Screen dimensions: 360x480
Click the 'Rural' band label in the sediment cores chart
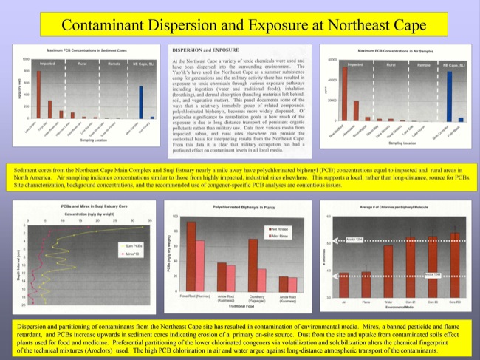[80, 65]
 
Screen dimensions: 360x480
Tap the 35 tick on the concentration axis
[150, 220]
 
